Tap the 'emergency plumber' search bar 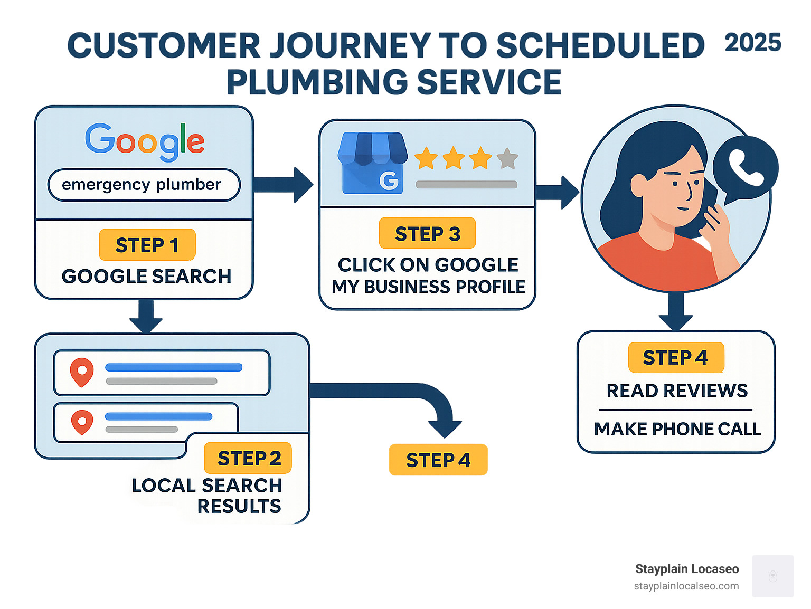tap(144, 185)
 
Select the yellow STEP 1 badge tap(147, 245)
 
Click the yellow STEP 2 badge tap(248, 458)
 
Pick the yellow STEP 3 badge tap(427, 233)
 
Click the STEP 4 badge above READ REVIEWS tap(676, 358)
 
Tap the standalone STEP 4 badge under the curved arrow tap(438, 460)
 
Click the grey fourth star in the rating tap(507, 158)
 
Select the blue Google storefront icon tap(373, 163)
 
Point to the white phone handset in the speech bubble tap(746, 166)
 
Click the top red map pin tap(82, 372)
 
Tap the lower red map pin tap(82, 422)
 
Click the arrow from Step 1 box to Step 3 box tap(285, 185)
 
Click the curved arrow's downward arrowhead tap(445, 427)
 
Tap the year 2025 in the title tap(752, 43)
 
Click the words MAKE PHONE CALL tap(677, 429)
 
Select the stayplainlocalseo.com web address tap(686, 586)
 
